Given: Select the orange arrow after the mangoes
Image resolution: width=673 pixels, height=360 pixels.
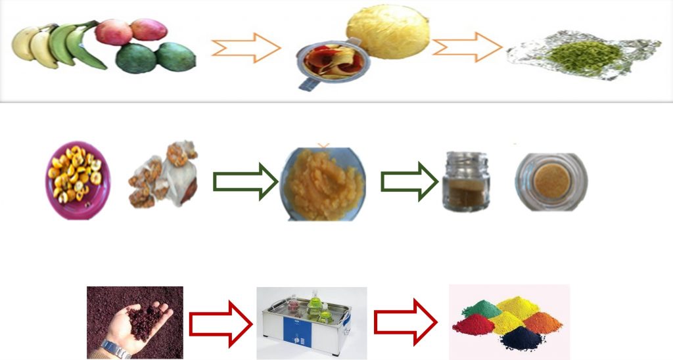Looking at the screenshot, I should pos(246,48).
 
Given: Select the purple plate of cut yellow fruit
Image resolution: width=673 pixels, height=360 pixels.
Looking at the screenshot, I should pos(78,174).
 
